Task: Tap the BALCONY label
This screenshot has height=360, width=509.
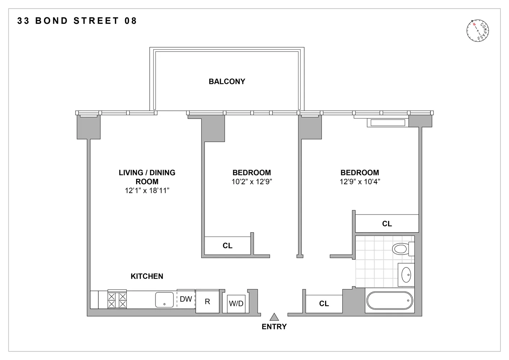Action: [227, 82]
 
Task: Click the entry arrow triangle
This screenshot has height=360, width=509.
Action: [275, 317]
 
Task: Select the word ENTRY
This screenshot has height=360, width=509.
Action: [274, 327]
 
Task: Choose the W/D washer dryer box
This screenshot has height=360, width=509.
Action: [236, 303]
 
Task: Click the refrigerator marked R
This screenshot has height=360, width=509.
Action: [207, 301]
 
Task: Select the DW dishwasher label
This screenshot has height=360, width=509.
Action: [186, 299]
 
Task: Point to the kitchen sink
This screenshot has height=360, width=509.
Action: [165, 300]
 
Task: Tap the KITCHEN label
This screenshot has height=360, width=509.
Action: [147, 276]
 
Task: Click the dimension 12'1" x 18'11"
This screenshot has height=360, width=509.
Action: [147, 191]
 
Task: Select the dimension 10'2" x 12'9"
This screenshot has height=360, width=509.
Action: [252, 182]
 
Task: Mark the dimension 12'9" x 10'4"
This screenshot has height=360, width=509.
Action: [360, 182]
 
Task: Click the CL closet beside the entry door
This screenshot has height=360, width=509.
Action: [324, 304]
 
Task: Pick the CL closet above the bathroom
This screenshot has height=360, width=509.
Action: [387, 224]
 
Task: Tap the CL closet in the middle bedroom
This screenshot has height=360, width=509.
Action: [228, 246]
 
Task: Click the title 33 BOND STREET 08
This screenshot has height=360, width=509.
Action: [77, 21]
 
